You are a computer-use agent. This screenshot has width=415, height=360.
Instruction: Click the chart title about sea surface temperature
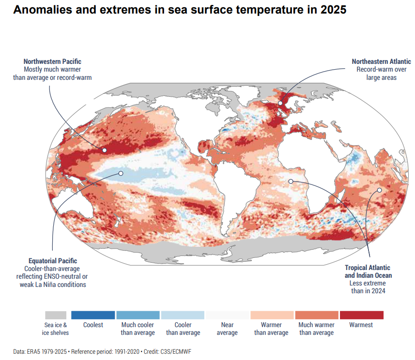[x=180, y=10]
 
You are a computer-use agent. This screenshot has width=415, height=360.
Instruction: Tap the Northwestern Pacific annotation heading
[x=52, y=61]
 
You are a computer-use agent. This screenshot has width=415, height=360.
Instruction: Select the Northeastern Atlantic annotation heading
[x=382, y=61]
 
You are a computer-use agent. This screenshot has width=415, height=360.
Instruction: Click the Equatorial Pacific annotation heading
[x=53, y=261]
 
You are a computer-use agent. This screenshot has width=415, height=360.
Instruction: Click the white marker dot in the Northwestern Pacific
[x=105, y=150]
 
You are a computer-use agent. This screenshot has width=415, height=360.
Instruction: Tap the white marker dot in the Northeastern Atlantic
[x=280, y=103]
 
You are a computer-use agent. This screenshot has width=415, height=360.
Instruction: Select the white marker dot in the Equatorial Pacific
[x=121, y=173]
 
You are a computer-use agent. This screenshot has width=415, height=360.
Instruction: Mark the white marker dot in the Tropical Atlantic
[x=291, y=181]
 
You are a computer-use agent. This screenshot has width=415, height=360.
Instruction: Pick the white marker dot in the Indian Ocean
[x=380, y=190]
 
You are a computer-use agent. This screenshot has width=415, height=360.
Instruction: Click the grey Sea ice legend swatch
[x=56, y=315]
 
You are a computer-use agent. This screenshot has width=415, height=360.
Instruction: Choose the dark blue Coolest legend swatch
[x=93, y=315]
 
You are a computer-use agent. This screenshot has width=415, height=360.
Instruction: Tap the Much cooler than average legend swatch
[x=138, y=315]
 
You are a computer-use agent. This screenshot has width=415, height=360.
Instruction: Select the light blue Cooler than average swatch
[x=183, y=315]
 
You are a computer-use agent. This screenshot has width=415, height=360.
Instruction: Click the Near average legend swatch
[x=227, y=315]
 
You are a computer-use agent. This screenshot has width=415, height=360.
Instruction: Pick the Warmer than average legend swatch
[x=272, y=315]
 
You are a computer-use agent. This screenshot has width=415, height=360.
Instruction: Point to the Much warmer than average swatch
[x=317, y=315]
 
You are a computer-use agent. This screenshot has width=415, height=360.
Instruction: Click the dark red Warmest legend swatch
[x=361, y=315]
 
